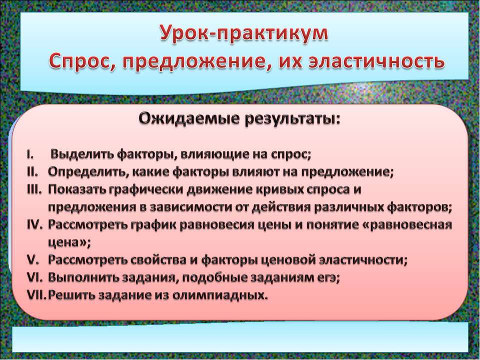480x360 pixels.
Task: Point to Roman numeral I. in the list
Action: [x=30, y=153]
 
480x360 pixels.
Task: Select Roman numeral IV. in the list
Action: [x=35, y=224]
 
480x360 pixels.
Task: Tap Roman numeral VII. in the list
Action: [x=36, y=295]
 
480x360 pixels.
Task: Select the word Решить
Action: [x=70, y=295]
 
